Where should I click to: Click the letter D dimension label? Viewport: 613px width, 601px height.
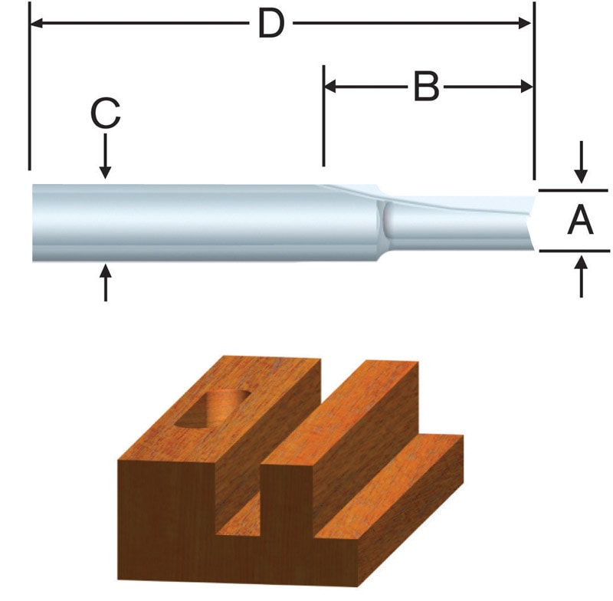pos(270,25)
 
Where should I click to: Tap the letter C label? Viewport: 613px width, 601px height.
pos(105,116)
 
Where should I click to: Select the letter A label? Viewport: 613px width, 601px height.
pos(580,222)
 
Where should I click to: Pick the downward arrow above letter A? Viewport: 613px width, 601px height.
pos(582,165)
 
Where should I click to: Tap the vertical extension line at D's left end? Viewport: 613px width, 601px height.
pos(29,92)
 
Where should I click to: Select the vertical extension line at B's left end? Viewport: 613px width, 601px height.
pos(324,115)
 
